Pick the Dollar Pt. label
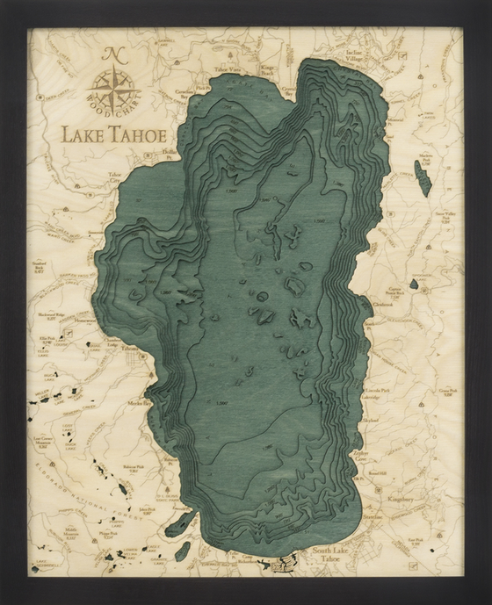[x=172, y=155]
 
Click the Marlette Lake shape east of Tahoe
[x=423, y=178]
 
